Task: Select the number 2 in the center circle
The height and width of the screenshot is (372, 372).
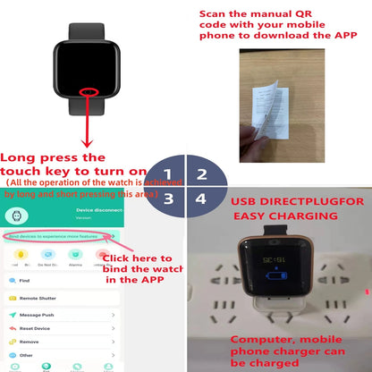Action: pyautogui.click(x=202, y=175)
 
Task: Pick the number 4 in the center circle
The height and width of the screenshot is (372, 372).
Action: pyautogui.click(x=202, y=199)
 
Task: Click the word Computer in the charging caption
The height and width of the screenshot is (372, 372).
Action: pyautogui.click(x=260, y=339)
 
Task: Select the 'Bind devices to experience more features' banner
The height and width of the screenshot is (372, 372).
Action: pyautogui.click(x=55, y=235)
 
